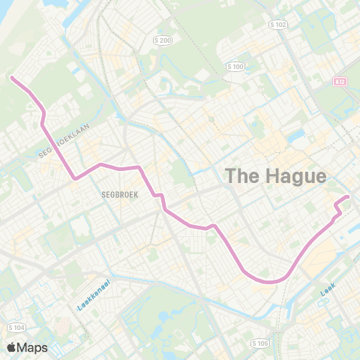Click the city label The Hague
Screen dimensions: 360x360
[x=276, y=176]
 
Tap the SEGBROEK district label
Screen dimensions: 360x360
[x=117, y=193]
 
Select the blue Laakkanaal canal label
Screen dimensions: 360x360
[x=94, y=295]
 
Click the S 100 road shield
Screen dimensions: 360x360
[x=235, y=67]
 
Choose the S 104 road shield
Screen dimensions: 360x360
[x=15, y=328]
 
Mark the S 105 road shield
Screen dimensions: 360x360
[x=260, y=343]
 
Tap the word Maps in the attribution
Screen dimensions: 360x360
[x=34, y=347]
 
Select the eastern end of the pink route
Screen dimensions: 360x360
[x=348, y=196]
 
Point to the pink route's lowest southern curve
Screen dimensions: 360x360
[x=270, y=282]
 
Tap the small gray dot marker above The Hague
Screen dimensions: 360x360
[x=212, y=118]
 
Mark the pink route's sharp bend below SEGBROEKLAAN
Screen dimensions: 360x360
[x=74, y=178]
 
